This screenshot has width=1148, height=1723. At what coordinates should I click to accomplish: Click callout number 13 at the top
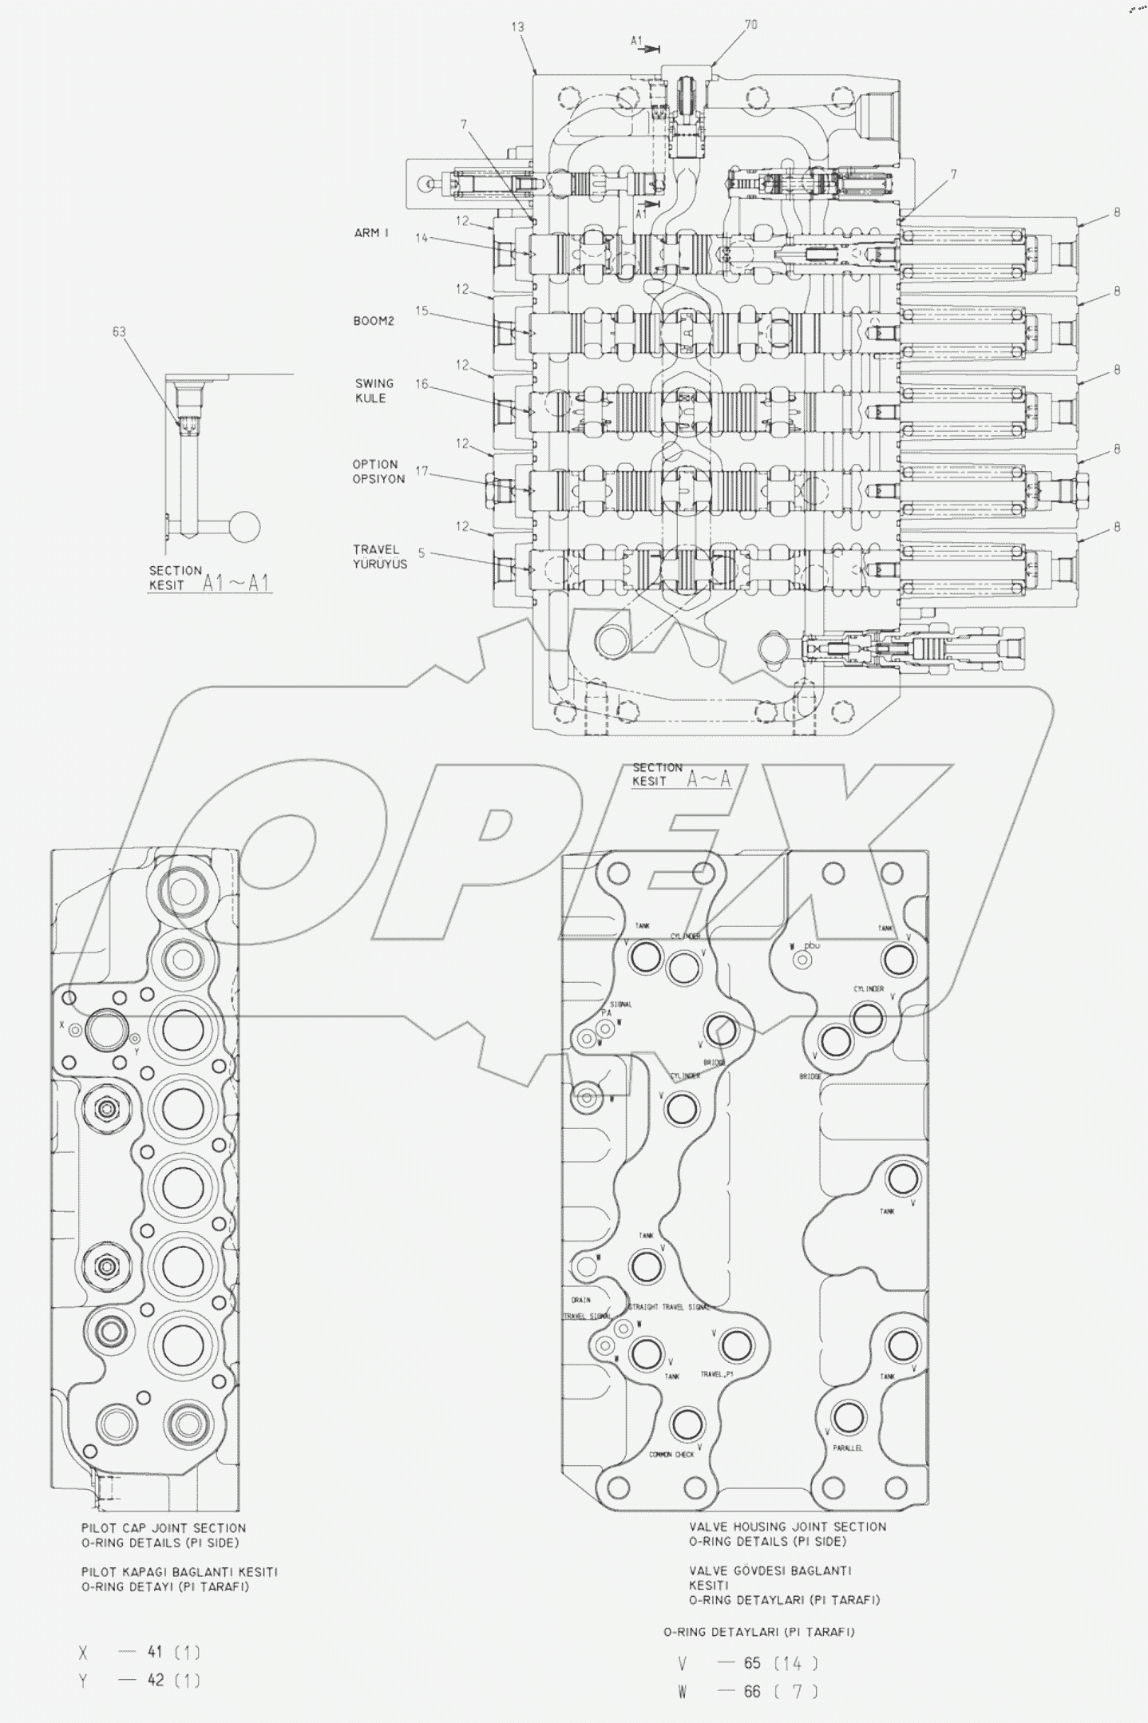(x=517, y=27)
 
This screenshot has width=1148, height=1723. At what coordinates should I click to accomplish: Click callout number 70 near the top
(x=750, y=26)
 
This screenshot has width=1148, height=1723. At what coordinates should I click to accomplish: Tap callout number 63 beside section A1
(x=119, y=331)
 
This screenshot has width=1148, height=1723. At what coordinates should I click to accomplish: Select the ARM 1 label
(x=371, y=233)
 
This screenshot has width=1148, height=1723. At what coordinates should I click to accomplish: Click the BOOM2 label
(x=374, y=321)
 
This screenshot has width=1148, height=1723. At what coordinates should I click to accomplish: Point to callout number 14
(x=422, y=238)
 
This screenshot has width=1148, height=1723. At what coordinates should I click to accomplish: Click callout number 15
(x=422, y=311)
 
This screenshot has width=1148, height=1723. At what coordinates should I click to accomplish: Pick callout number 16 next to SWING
(x=422, y=384)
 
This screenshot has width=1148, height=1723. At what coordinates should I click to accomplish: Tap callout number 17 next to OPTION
(x=422, y=471)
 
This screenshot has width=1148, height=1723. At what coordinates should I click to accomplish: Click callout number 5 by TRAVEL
(x=421, y=553)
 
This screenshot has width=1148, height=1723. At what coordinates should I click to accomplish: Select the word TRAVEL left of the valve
(x=376, y=549)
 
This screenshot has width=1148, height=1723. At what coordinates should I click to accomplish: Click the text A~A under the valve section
(x=709, y=779)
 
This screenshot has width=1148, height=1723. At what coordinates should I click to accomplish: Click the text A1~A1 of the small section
(x=236, y=583)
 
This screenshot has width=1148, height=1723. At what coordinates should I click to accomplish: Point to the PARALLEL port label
(x=847, y=1448)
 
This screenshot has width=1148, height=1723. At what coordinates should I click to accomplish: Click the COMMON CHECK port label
(x=671, y=1454)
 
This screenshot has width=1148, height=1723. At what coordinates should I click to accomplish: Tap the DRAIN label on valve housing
(x=580, y=1300)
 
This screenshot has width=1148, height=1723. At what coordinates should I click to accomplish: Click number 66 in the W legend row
(x=752, y=1691)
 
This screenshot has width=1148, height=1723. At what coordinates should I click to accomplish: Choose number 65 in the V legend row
(x=752, y=1663)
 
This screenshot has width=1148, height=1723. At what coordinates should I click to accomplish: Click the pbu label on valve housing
(x=812, y=945)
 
